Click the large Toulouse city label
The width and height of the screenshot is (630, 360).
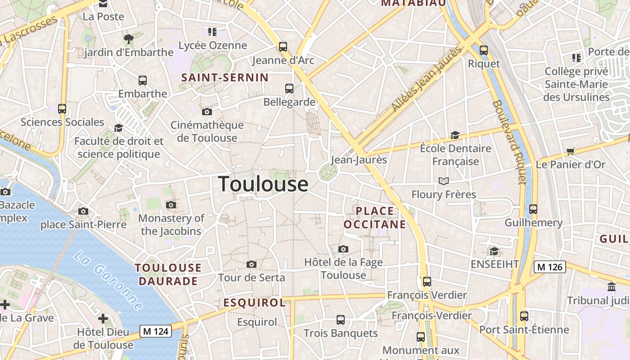[263, 184]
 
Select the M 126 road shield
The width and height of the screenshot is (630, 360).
[549, 267]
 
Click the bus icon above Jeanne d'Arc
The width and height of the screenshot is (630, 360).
[283, 46]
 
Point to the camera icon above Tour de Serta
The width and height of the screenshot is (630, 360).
[252, 264]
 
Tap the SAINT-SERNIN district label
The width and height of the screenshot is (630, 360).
[225, 77]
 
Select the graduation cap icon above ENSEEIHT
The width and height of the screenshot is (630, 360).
[494, 251]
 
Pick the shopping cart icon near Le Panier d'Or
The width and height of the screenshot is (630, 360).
[571, 151]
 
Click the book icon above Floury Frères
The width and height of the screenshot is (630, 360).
[444, 181]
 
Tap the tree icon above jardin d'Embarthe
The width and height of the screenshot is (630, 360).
[129, 39]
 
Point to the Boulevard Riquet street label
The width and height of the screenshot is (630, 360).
[509, 142]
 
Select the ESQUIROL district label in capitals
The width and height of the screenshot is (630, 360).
[255, 303]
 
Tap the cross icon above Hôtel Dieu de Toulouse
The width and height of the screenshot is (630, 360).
[103, 319]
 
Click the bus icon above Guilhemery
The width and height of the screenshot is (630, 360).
[533, 209]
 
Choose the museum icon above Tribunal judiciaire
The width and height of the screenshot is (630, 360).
[612, 287]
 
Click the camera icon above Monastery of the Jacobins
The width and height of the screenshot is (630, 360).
[171, 205]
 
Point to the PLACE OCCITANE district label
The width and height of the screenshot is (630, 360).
[374, 218]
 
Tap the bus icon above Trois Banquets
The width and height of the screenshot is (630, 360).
[341, 320]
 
